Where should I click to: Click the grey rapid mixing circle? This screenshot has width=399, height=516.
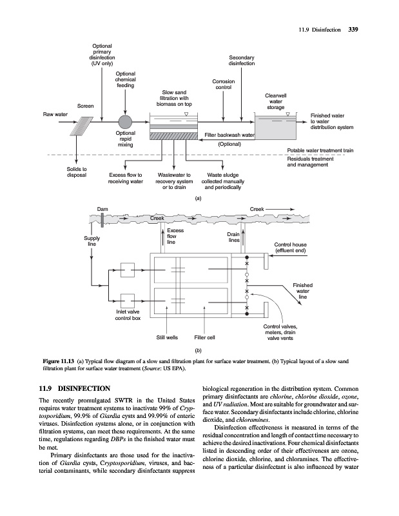pos(125,122)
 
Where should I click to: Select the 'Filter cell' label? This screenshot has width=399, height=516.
pos(204,336)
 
